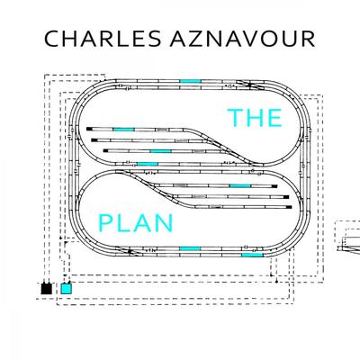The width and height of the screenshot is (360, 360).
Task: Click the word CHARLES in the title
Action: click(x=103, y=39)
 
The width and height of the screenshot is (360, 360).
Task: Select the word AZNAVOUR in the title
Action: click(x=243, y=39)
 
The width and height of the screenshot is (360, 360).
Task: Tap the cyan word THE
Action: click(x=255, y=117)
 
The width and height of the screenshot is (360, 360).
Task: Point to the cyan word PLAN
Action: click(x=136, y=223)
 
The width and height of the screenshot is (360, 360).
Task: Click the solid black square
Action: click(x=47, y=289)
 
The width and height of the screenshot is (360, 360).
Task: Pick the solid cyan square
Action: click(x=67, y=289)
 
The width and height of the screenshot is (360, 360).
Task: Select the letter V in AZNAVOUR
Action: click(x=252, y=39)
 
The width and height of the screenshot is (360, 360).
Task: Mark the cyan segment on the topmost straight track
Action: click(x=190, y=81)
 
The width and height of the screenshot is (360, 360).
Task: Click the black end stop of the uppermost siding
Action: click(x=89, y=129)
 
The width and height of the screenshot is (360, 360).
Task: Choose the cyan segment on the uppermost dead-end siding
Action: click(x=123, y=130)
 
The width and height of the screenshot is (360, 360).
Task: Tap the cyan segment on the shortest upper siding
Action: click(x=160, y=151)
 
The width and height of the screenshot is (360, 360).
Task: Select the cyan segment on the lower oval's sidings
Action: click(x=240, y=186)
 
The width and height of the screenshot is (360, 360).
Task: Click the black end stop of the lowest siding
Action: click(x=289, y=207)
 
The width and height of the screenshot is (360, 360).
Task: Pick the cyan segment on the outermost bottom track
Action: click(x=252, y=255)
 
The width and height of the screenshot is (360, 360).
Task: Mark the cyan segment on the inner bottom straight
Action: click(x=190, y=249)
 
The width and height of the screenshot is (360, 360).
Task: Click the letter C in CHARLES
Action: click(x=52, y=39)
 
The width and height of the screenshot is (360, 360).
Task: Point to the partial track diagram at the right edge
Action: click(x=348, y=237)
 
